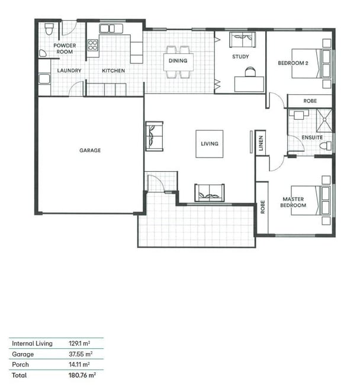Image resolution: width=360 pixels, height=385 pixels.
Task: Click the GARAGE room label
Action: [90, 150]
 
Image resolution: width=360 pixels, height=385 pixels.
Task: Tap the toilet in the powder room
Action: [49, 29]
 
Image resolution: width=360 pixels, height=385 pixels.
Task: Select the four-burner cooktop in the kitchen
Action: [93, 45]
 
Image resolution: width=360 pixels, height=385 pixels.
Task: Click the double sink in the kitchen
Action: [111, 29]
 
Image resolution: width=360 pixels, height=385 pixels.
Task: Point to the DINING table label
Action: [178, 60]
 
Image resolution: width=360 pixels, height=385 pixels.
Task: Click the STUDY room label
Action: [240, 56]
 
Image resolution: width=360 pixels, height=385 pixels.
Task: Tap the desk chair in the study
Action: [250, 72]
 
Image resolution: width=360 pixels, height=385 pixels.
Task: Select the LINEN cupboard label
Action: [261, 143]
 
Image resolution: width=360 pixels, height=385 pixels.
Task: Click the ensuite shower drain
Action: [324, 120]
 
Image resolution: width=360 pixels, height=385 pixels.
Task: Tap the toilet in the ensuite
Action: [326, 146]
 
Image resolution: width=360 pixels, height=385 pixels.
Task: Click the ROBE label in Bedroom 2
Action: [310, 101]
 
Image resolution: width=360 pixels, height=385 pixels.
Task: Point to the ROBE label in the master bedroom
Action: [262, 207]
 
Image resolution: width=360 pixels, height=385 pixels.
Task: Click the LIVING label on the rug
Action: [210, 144]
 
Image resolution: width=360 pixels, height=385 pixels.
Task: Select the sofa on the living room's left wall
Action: [155, 136]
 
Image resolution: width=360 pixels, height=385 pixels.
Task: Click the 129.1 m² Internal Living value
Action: [79, 344]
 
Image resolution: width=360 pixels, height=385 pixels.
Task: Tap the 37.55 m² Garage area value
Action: [81, 354]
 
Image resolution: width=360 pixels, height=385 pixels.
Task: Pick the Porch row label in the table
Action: [20, 365]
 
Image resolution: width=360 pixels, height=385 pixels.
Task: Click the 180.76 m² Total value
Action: [82, 375]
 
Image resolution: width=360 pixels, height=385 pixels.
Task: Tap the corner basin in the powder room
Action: [42, 53]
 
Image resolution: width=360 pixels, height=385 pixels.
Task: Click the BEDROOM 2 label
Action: [293, 63]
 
